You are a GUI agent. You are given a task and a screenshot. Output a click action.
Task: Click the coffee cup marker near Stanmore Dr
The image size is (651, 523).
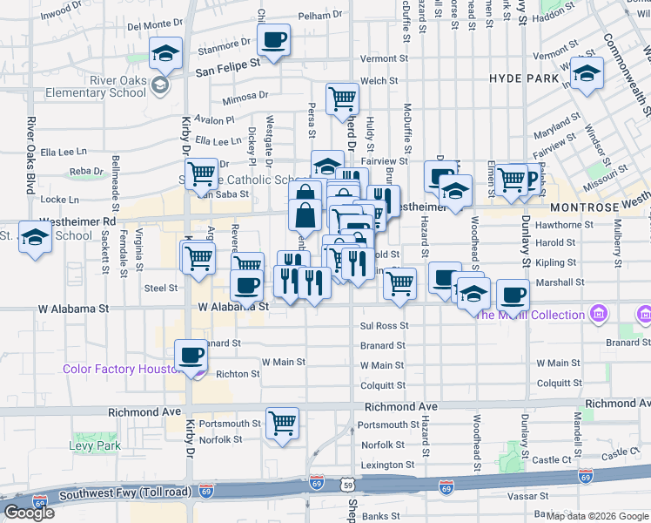tap(274, 39)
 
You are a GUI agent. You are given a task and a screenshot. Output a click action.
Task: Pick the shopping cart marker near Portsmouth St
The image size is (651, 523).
tap(282, 424)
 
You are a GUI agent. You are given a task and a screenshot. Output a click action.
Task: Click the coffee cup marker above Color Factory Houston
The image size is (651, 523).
tap(191, 355)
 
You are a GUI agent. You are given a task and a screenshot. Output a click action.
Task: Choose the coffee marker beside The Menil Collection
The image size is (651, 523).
tap(513, 295)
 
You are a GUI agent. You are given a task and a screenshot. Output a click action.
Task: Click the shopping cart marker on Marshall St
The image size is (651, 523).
tap(399, 282)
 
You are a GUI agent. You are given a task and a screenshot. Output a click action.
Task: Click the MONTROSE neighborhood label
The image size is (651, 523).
tap(584, 207)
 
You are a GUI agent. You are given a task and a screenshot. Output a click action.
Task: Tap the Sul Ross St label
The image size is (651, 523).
tap(383, 325)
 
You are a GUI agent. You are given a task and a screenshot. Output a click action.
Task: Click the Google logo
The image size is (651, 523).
tap(30, 513)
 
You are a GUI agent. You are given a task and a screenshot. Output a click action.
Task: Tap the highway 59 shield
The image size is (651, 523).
tap(348, 483)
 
